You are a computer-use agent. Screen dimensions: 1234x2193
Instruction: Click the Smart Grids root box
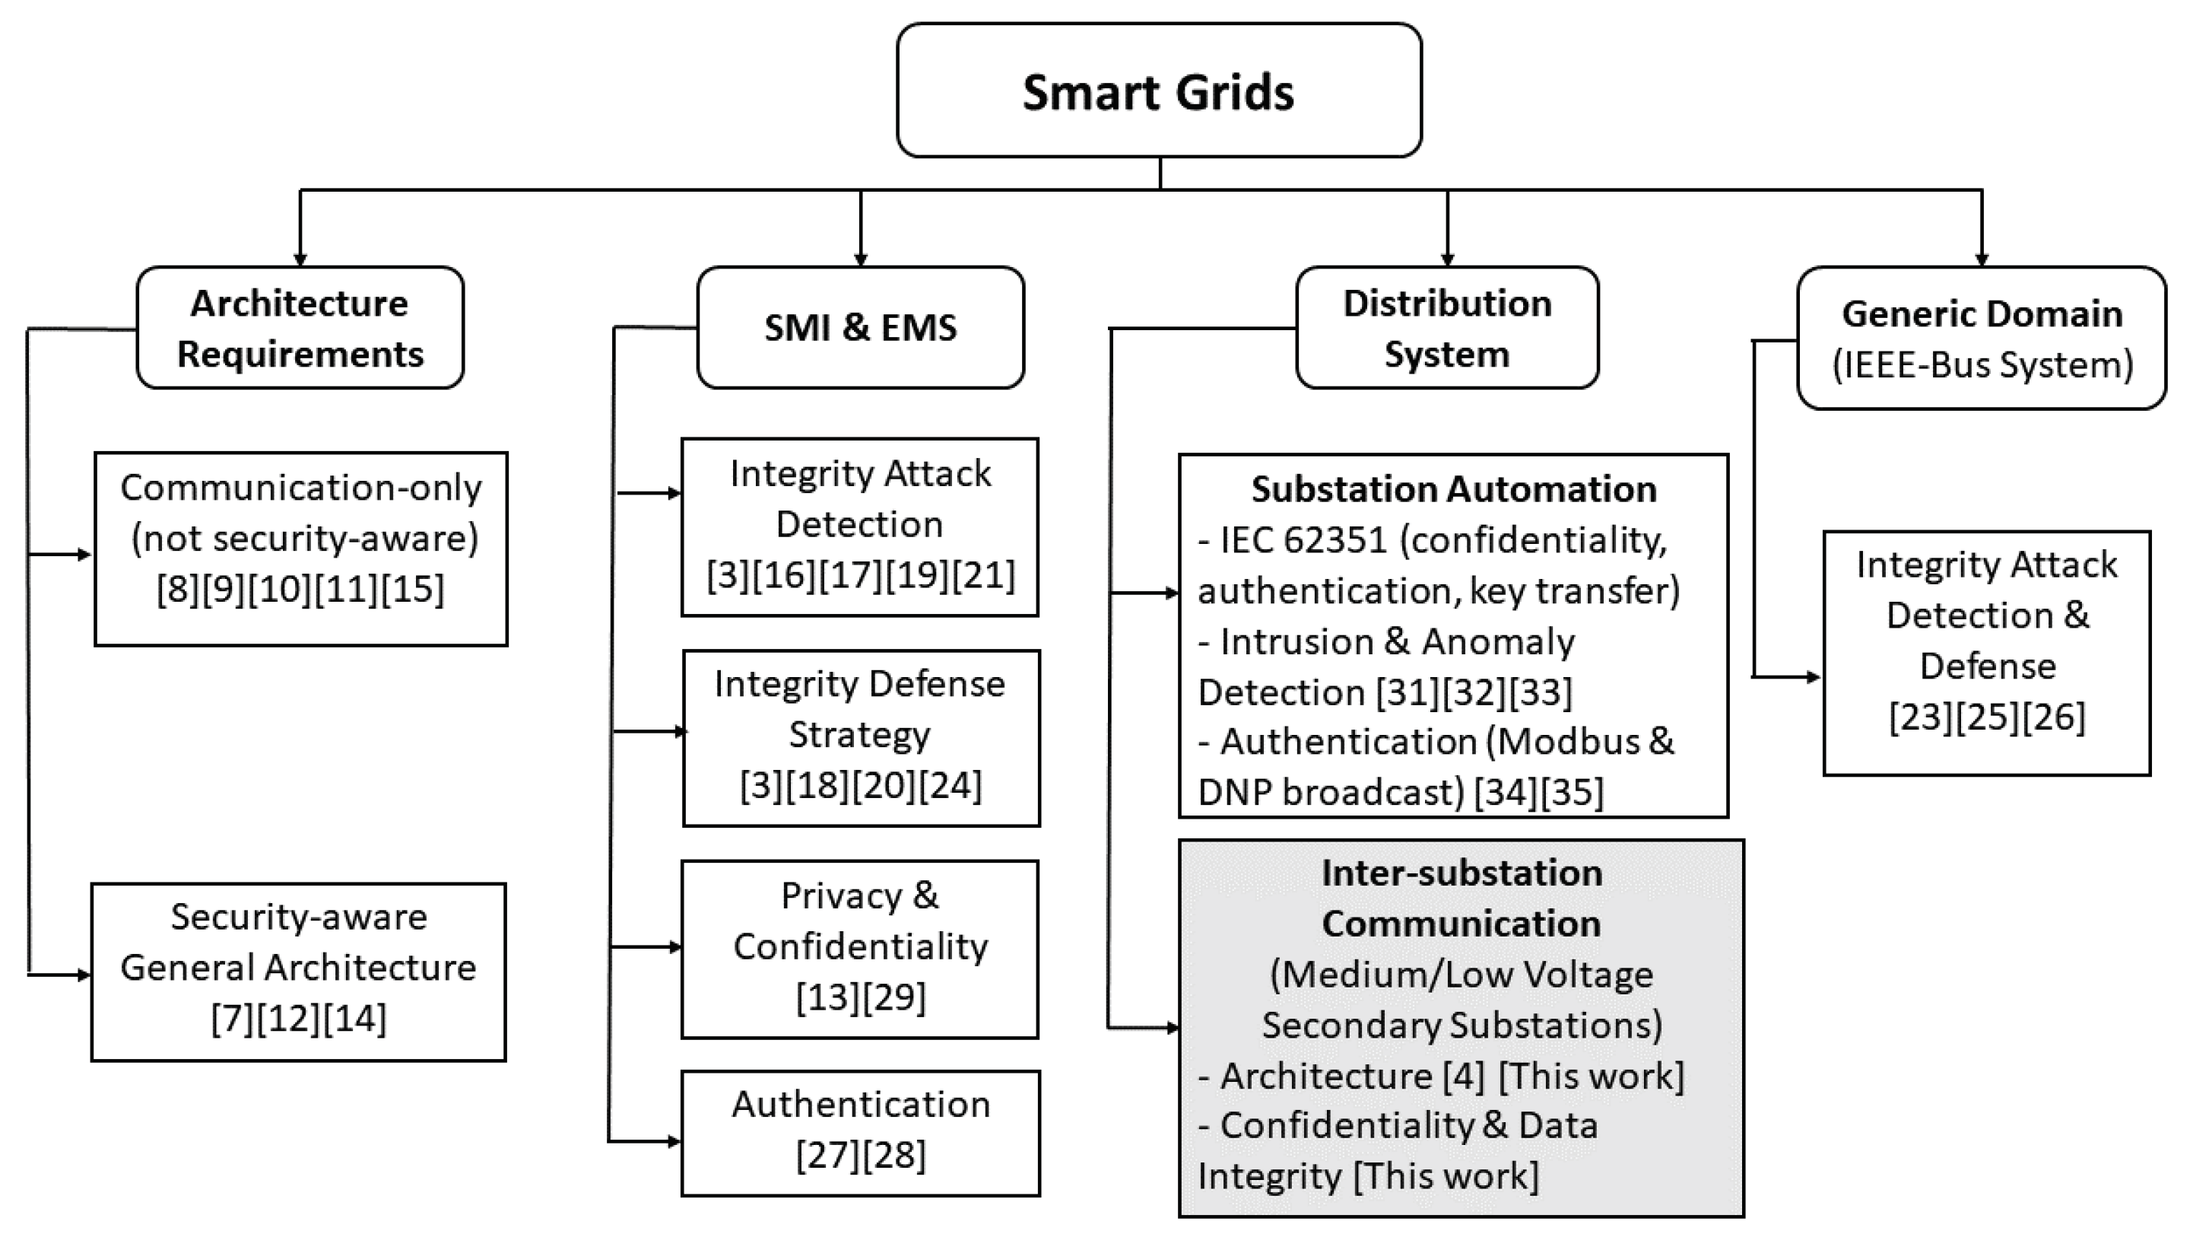coord(1158,91)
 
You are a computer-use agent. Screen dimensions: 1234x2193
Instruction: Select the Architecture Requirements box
coord(300,328)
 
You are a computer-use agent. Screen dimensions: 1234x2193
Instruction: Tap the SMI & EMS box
coord(860,328)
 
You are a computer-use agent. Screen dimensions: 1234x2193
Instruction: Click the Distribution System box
coord(1446,328)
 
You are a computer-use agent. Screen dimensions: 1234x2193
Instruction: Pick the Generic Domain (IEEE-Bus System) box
coord(1981,338)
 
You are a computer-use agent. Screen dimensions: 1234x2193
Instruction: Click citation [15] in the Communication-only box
coord(413,590)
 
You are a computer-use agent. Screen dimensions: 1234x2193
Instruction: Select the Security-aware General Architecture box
coord(298,971)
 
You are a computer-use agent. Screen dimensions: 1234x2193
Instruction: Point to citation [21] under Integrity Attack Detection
coord(984,576)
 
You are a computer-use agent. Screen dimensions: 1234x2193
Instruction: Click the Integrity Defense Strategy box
coord(861,737)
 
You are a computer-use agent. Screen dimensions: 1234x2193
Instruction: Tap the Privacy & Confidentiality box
coord(860,949)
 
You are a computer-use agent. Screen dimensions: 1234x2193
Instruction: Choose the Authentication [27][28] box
coord(860,1133)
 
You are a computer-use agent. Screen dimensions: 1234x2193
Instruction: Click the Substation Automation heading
coord(1453,490)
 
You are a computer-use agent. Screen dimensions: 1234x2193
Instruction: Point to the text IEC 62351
coord(1303,540)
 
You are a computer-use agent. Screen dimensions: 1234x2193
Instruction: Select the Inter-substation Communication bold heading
coord(1461,898)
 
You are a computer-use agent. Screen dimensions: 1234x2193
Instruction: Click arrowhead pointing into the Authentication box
coord(674,1141)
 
